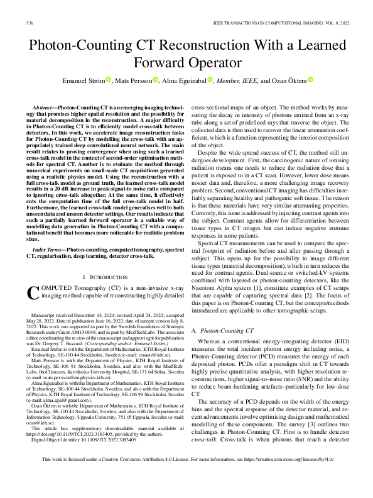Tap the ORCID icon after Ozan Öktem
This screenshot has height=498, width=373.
[310, 80]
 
